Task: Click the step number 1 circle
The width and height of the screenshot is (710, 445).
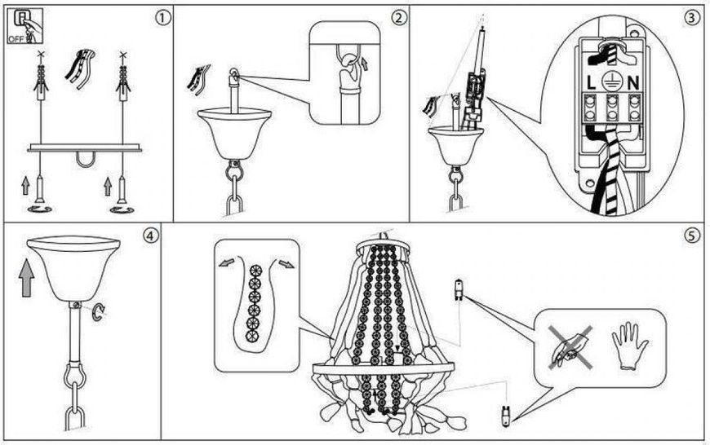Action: point(162,18)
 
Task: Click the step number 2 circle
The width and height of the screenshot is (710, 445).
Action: point(398,18)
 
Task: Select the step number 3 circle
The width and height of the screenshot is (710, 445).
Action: point(691,18)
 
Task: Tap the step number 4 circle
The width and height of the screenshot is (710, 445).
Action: point(151,236)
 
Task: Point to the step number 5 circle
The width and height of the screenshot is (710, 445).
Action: point(691,236)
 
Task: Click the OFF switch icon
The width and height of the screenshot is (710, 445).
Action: point(25,26)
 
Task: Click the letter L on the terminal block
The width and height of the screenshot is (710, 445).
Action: point(591,83)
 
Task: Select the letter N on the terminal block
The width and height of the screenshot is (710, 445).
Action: point(633,83)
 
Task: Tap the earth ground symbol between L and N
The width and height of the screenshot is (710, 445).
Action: point(612,82)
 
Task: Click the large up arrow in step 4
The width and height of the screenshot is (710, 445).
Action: point(27,278)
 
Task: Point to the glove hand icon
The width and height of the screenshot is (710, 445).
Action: point(629,346)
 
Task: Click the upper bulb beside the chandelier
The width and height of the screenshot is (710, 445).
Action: point(459,289)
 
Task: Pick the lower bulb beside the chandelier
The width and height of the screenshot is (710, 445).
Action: point(505,415)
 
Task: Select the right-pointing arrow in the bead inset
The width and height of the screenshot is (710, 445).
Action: point(286,263)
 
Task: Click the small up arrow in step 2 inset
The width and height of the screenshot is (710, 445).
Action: point(365,64)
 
